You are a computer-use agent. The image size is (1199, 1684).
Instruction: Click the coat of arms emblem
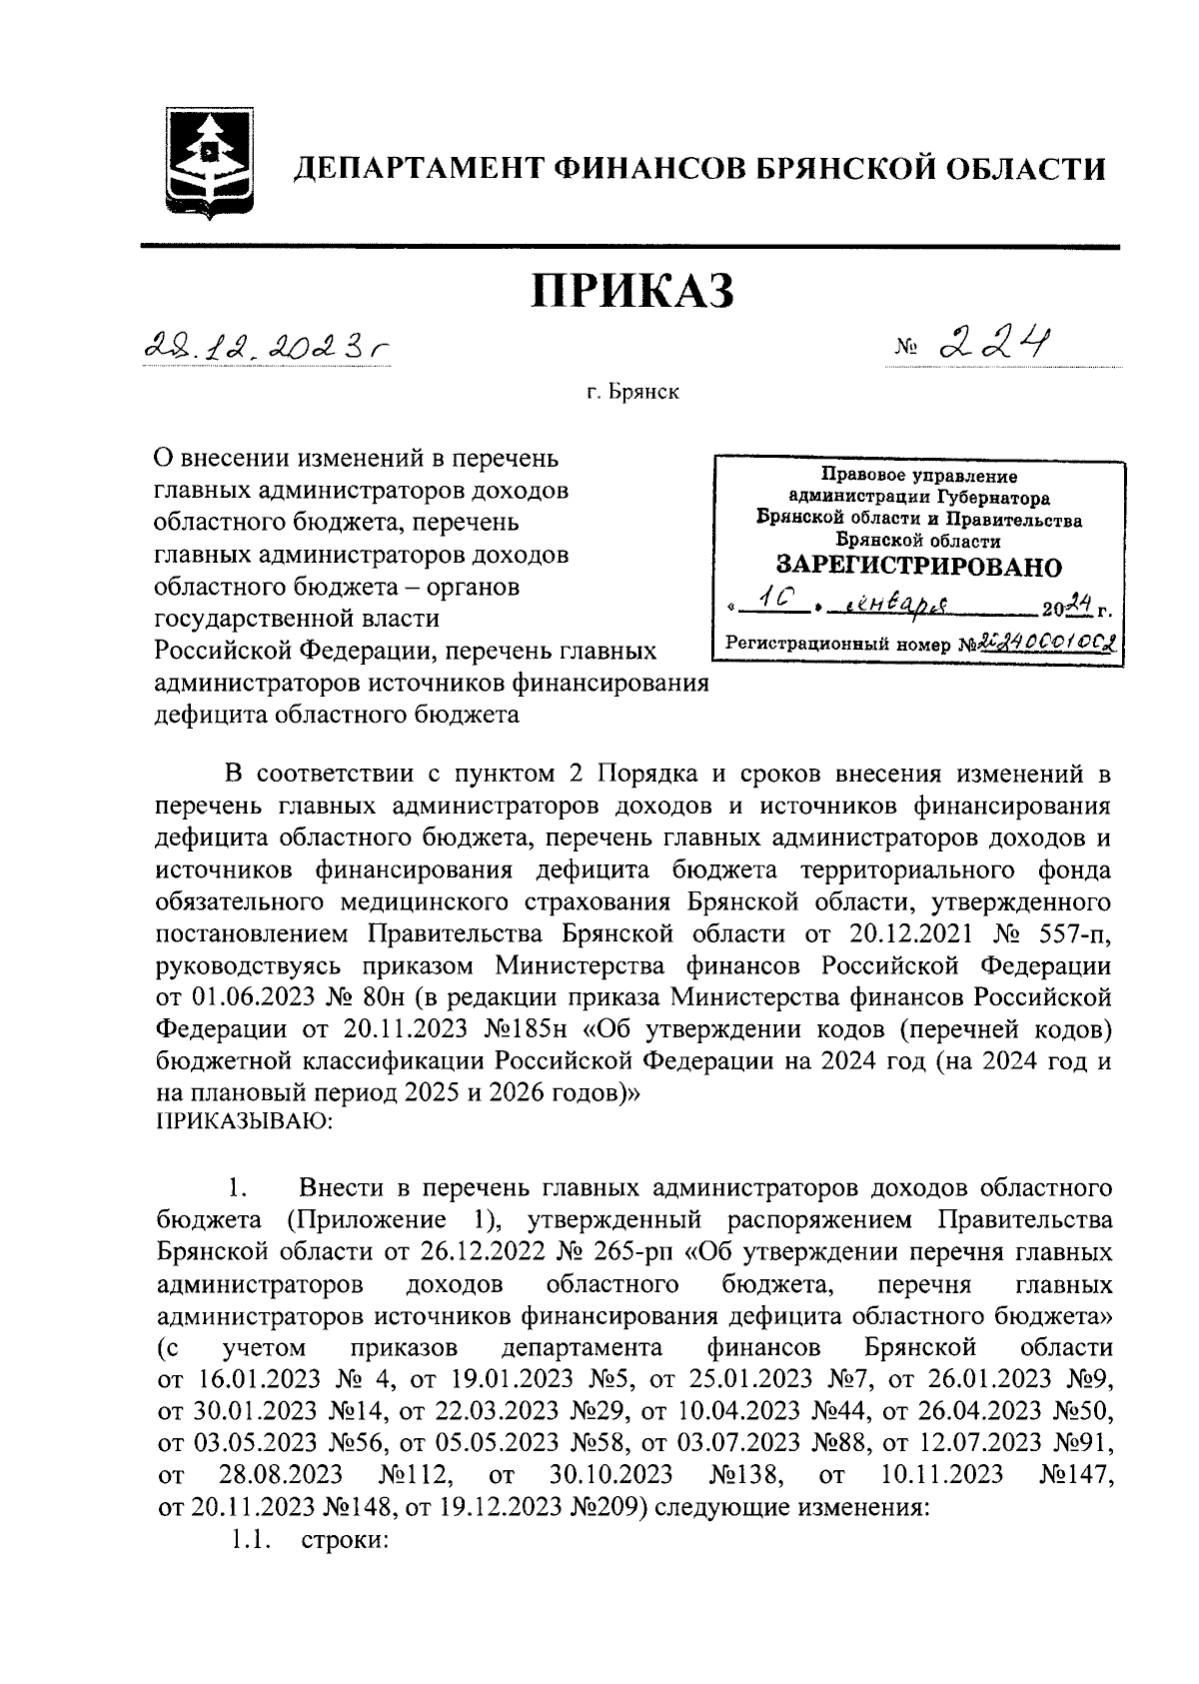coord(206,159)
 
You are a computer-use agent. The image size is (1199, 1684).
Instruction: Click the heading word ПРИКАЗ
coord(631,291)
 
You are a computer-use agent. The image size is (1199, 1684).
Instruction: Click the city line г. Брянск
coord(632,392)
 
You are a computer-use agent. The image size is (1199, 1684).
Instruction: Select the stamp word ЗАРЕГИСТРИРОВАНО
coord(919,567)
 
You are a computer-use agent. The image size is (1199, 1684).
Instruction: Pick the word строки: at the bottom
coord(343,1540)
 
